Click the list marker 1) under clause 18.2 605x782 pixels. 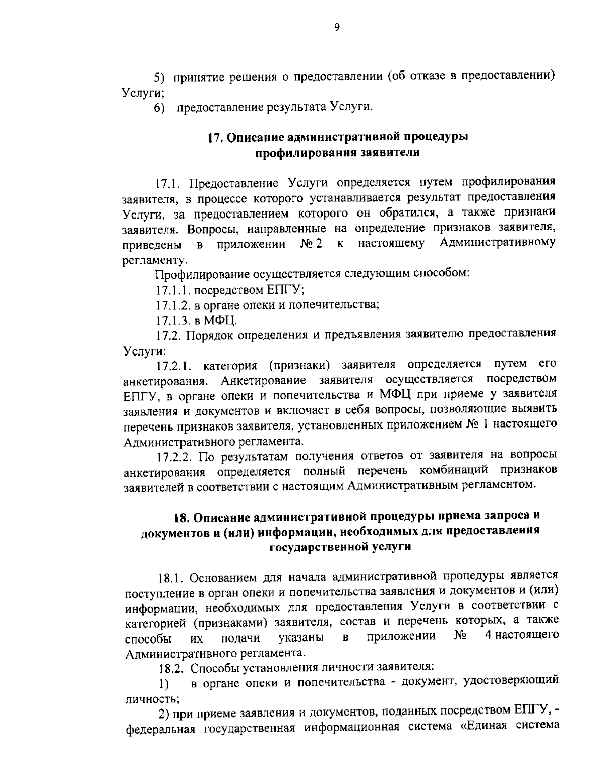(x=162, y=683)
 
